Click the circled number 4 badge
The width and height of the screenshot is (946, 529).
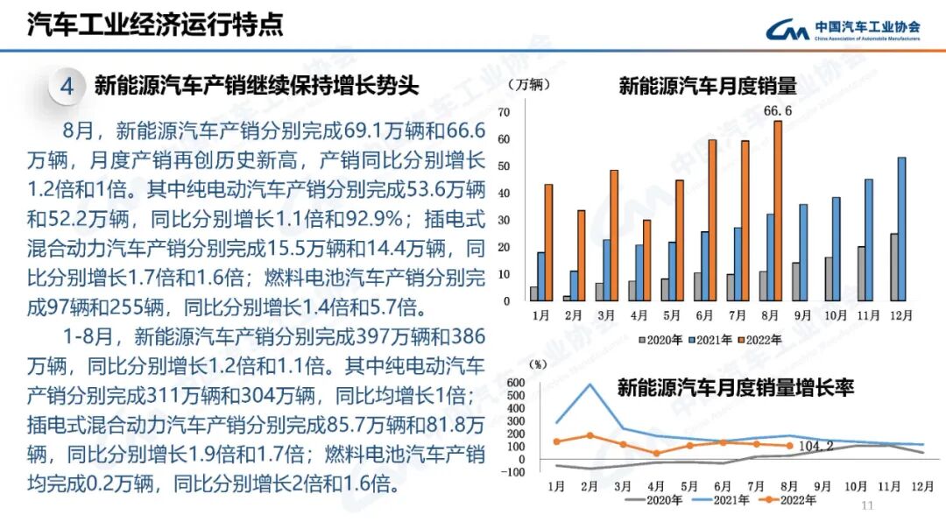(67, 86)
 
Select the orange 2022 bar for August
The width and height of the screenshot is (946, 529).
(777, 210)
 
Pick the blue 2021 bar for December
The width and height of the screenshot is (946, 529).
(901, 229)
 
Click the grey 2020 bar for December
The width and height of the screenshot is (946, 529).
(893, 266)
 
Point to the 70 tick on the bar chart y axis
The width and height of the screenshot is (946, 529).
(503, 112)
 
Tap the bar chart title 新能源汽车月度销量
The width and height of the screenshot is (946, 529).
(708, 86)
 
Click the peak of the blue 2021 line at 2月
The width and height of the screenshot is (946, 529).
(589, 384)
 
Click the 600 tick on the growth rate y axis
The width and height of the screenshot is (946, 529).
(514, 383)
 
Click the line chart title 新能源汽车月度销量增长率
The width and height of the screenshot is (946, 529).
(735, 387)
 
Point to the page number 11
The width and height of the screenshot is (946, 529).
(868, 505)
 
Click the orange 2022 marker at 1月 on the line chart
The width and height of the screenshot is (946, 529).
(555, 441)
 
